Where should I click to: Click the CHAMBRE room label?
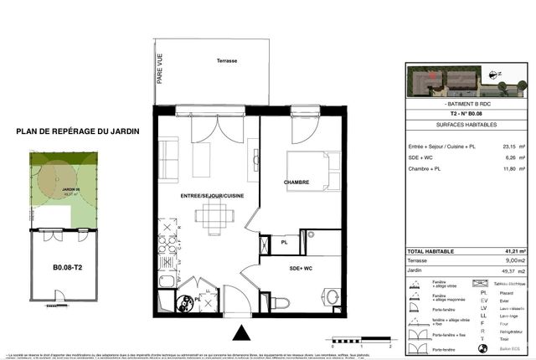point(296,182)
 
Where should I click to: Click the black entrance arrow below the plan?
point(241,333)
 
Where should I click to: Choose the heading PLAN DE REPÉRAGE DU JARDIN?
point(78,131)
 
